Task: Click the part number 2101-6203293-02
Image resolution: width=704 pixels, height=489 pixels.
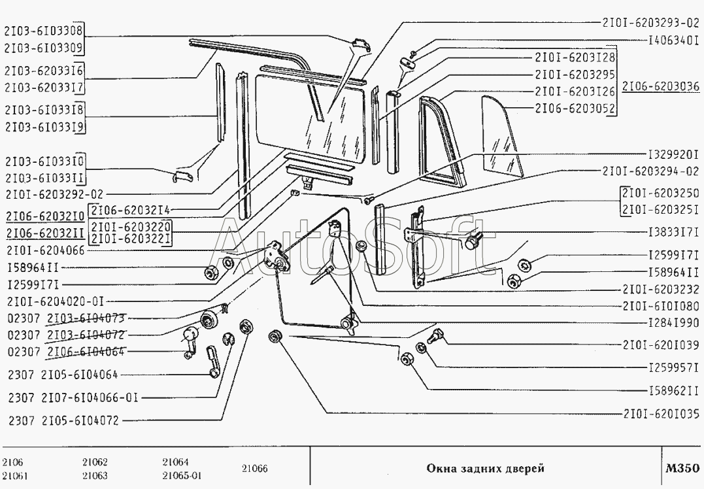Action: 650,22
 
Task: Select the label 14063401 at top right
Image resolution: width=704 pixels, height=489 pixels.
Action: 673,39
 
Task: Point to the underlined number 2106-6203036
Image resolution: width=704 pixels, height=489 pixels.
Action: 661,86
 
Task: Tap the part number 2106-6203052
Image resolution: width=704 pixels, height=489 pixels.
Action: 573,108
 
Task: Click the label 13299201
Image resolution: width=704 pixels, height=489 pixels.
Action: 673,156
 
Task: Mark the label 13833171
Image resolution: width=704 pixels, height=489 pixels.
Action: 673,232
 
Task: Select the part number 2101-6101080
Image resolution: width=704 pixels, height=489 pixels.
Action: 661,305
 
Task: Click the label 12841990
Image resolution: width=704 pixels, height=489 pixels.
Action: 673,323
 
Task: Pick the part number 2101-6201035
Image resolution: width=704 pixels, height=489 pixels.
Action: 661,413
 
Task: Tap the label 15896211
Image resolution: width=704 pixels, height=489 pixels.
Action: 673,392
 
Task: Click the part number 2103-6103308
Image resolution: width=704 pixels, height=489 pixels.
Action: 44,30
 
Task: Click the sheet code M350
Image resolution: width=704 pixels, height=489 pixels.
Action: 682,468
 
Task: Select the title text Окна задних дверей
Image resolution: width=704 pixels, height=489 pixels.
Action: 485,468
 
